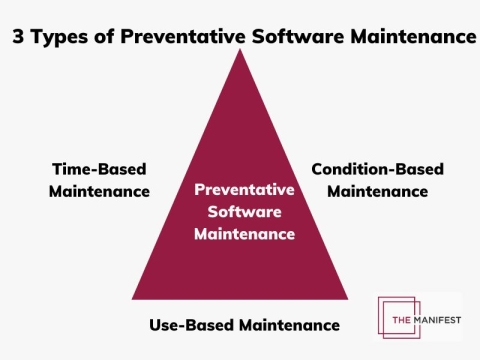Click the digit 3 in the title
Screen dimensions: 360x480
(x=19, y=37)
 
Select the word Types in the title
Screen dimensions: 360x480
(x=59, y=37)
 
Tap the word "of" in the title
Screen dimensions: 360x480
(x=103, y=37)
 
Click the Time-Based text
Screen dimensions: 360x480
(x=99, y=169)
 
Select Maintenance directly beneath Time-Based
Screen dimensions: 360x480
(x=99, y=190)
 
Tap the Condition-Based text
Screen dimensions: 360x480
(x=377, y=169)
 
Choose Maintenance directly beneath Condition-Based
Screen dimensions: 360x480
(x=377, y=190)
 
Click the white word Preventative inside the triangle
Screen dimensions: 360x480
(x=244, y=189)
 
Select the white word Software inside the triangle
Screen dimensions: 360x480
(x=244, y=211)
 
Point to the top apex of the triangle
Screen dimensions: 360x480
(x=240, y=50)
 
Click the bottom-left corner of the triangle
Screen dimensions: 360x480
(x=133, y=298)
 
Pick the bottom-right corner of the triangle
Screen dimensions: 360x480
(x=347, y=298)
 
